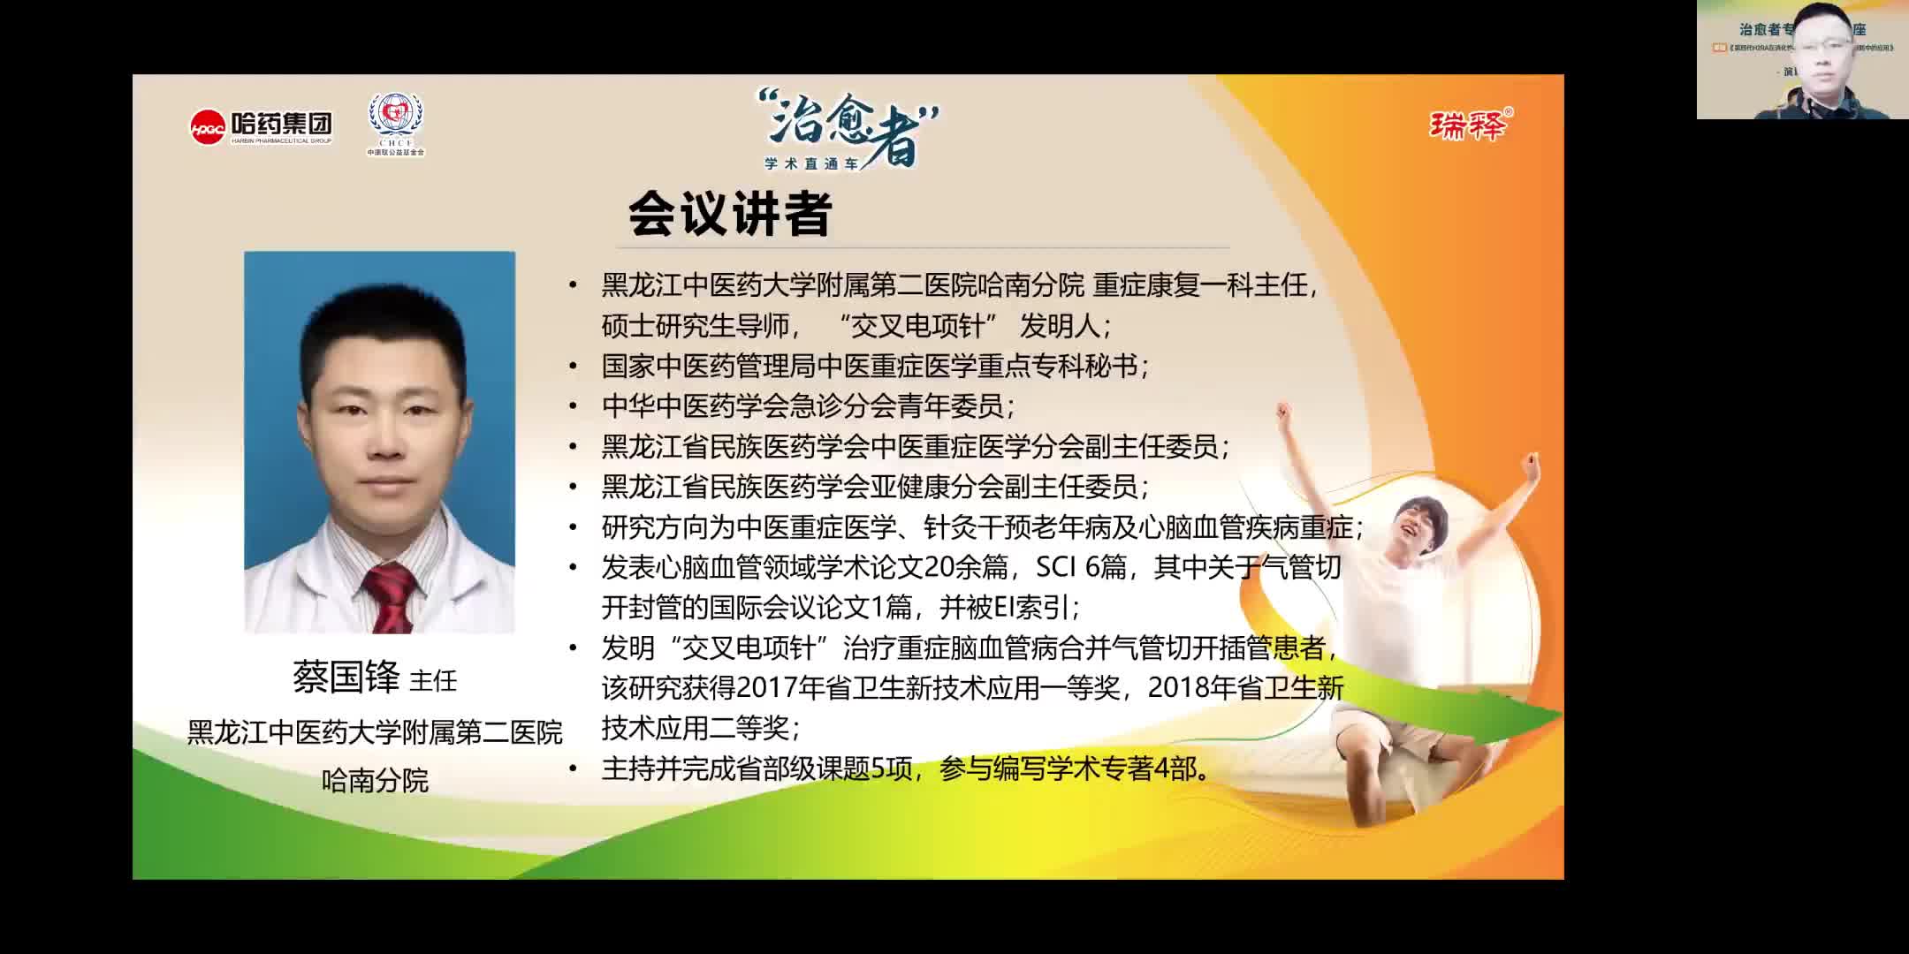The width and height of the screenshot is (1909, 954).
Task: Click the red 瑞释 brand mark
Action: tap(1468, 126)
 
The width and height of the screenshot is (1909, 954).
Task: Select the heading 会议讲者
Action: tap(730, 215)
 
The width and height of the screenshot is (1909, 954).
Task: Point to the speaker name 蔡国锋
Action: tap(346, 678)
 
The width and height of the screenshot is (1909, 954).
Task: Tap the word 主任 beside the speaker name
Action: tap(433, 681)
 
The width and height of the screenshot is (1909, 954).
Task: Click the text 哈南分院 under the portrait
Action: tap(375, 781)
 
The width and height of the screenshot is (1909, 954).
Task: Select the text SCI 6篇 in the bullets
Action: tap(1080, 567)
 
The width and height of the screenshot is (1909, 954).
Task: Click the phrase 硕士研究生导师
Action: tap(695, 327)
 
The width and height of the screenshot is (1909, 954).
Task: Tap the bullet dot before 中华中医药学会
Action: tap(573, 407)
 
